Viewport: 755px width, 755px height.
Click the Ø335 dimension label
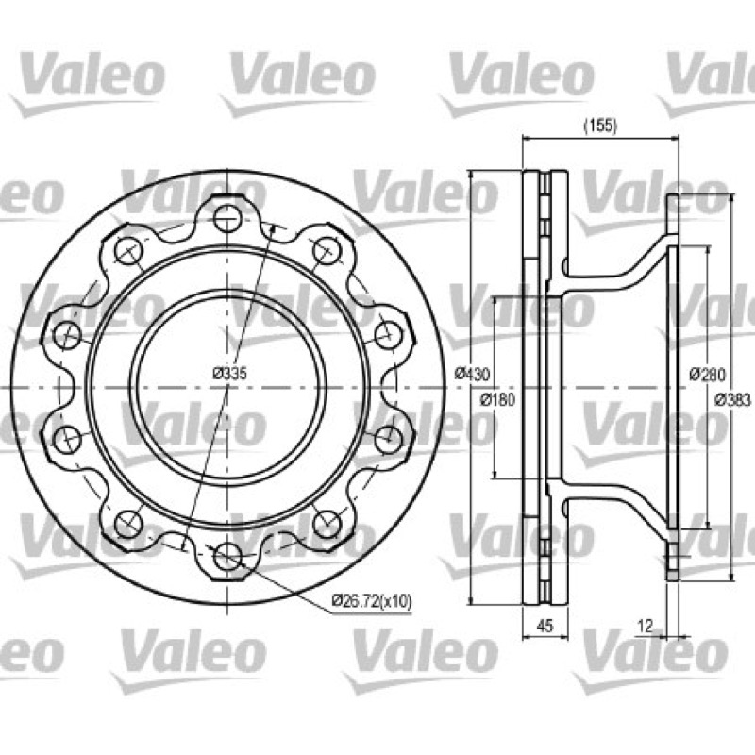pos(229,373)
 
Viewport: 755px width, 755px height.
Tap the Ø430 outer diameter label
pos(472,373)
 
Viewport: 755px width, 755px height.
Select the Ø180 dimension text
pos(497,399)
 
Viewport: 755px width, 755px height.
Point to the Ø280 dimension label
pos(707,374)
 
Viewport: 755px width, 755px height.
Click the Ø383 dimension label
pos(732,399)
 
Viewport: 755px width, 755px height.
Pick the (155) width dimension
pos(600,126)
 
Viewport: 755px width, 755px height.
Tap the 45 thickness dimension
pos(545,626)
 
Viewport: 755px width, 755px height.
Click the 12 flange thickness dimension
pos(645,626)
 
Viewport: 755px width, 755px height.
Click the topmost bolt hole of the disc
pos(226,218)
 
